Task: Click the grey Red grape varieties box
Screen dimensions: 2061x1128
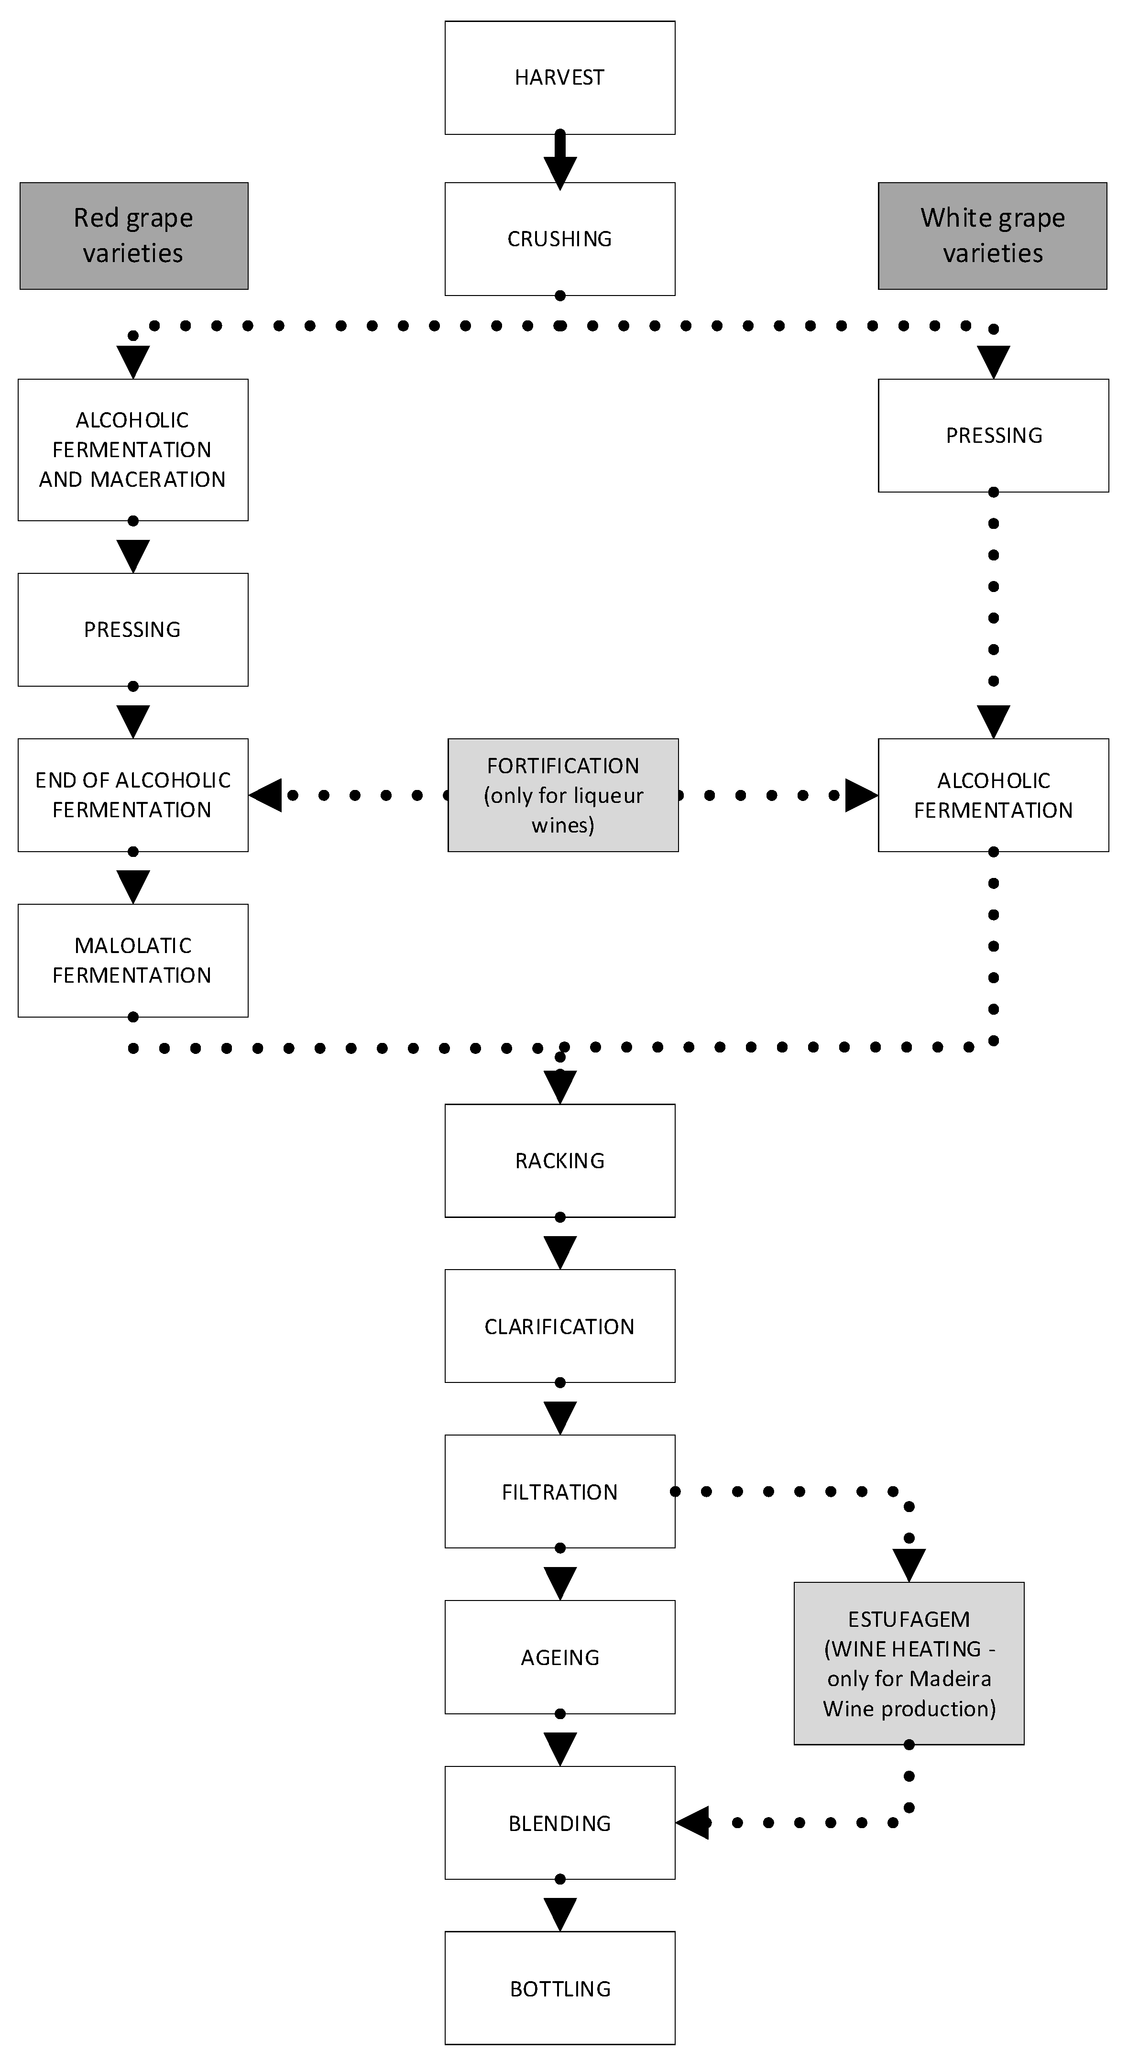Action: pos(133,235)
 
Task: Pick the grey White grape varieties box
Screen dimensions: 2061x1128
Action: pos(992,235)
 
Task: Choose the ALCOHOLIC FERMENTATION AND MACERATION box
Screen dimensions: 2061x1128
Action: pos(133,449)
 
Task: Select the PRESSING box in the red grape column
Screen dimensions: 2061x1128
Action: pos(133,630)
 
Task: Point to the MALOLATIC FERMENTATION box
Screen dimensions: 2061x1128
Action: pos(133,960)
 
